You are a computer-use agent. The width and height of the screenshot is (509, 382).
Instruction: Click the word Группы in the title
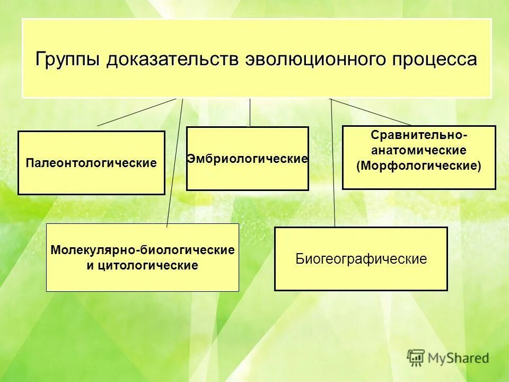[67, 58]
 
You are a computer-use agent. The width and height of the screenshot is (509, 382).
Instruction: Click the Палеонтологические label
[91, 163]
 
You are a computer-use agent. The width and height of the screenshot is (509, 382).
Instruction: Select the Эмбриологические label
[248, 159]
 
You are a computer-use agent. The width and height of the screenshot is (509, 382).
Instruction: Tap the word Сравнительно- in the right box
[419, 135]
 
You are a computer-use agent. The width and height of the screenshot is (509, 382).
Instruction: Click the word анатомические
[419, 150]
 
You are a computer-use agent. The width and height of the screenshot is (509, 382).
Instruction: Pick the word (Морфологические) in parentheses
[419, 166]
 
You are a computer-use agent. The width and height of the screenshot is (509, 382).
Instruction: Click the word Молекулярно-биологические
[142, 249]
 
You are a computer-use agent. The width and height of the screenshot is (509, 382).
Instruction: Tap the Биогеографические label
[361, 259]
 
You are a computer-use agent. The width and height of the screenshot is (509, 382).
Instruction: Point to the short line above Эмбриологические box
[250, 112]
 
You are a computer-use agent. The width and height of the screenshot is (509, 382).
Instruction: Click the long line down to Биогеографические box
[333, 164]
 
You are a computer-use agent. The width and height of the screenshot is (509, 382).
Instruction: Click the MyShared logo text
[458, 358]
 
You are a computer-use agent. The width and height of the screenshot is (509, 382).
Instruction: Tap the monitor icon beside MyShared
[416, 357]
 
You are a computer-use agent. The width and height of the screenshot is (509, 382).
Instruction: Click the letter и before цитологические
[90, 265]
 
